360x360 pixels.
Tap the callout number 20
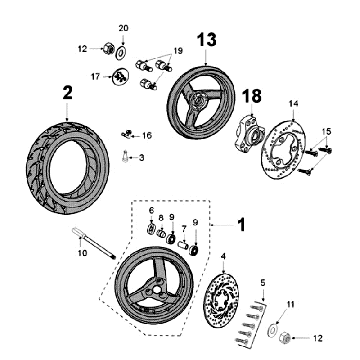point(124,27)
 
